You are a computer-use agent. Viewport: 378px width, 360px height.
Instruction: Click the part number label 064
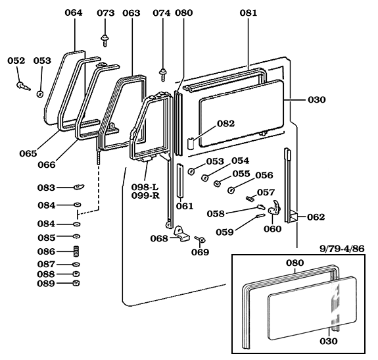pyautogui.click(x=74, y=13)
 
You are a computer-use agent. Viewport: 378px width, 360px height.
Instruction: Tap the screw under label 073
pyautogui.click(x=105, y=40)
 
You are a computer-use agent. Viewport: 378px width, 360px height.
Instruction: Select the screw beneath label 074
pyautogui.click(x=163, y=74)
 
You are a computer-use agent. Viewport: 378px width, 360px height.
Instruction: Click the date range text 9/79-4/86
pyautogui.click(x=342, y=249)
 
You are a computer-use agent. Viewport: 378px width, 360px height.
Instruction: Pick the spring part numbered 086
pyautogui.click(x=76, y=251)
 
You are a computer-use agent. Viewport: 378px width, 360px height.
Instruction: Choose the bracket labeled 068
pyautogui.click(x=181, y=233)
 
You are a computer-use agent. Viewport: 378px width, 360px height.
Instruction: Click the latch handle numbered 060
pyautogui.click(x=275, y=207)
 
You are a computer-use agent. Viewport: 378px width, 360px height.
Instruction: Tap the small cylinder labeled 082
pyautogui.click(x=191, y=143)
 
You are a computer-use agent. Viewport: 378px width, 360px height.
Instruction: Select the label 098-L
pyautogui.click(x=145, y=187)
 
